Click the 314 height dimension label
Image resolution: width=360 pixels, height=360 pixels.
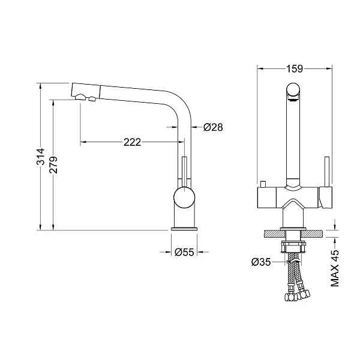[x=40, y=157]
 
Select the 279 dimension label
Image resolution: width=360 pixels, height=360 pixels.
[x=53, y=165]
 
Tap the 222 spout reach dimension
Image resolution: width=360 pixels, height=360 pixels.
[x=132, y=142]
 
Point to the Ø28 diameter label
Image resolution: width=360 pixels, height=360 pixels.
[x=213, y=127]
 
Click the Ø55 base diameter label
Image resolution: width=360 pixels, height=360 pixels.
[x=184, y=253]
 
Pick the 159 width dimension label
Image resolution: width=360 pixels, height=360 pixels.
[x=295, y=68]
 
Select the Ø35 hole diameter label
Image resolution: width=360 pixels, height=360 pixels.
[x=261, y=262]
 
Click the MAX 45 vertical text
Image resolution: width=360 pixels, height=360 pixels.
[x=335, y=268]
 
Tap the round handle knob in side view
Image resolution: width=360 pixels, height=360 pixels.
[x=184, y=197]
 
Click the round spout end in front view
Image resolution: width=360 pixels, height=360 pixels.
[x=293, y=90]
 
